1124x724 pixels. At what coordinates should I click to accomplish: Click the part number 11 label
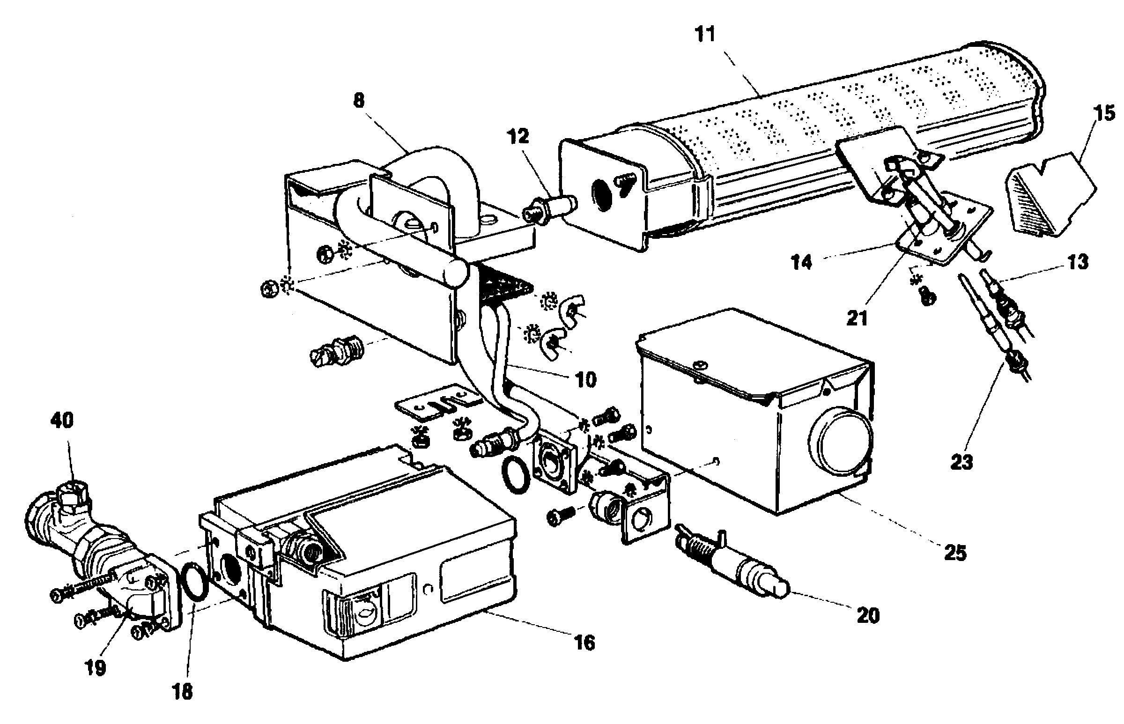(x=705, y=34)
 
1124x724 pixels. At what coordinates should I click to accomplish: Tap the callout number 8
(x=359, y=100)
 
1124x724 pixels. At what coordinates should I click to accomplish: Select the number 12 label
(x=518, y=136)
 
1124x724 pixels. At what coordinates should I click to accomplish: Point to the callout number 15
(x=1104, y=113)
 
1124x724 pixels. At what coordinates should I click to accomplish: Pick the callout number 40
(x=62, y=420)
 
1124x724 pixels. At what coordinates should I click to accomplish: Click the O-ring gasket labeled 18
(x=193, y=582)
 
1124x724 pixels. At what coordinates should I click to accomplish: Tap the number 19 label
(x=95, y=668)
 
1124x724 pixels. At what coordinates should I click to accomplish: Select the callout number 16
(x=584, y=642)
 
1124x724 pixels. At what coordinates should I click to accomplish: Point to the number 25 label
(x=955, y=553)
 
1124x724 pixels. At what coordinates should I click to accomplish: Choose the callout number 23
(x=962, y=462)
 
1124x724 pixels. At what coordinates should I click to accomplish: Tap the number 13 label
(x=1078, y=262)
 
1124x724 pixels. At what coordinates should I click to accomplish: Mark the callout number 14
(x=801, y=262)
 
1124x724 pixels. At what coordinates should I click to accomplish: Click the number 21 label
(x=857, y=318)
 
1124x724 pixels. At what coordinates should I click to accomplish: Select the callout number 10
(x=585, y=379)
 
